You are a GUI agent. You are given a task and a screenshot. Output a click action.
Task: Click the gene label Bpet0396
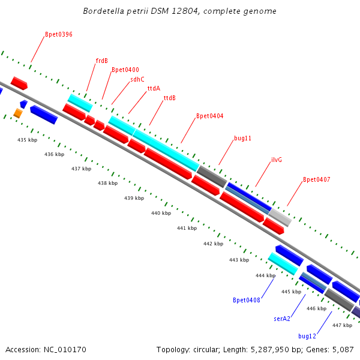pos(59,35)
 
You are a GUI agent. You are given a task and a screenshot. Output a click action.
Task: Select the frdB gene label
pos(102,61)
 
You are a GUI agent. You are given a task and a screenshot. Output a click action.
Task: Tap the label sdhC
pos(137,79)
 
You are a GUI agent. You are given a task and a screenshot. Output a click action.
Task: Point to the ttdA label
pos(154,89)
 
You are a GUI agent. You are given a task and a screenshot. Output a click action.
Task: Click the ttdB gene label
pos(169,98)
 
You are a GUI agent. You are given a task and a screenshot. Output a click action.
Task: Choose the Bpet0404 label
pos(209,116)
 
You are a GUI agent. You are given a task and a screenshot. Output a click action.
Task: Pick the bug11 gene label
pos(242,138)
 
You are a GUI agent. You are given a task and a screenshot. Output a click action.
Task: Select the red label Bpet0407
pos(316,179)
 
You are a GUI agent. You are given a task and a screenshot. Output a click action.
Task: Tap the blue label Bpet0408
pos(247,300)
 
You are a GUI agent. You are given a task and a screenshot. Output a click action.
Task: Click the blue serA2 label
pos(282,319)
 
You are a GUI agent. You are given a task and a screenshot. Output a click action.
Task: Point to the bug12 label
pos(307,336)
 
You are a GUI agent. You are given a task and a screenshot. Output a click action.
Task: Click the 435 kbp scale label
pos(27,140)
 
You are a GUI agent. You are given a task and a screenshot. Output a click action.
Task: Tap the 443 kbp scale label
pos(239,260)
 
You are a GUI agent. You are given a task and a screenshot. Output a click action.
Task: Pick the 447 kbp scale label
pos(342,325)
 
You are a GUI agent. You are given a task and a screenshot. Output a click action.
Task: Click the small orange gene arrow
pos(18,113)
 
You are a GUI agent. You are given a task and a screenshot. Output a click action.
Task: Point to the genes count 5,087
pos(343,349)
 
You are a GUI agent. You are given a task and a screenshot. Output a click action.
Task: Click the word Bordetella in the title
pos(105,11)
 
